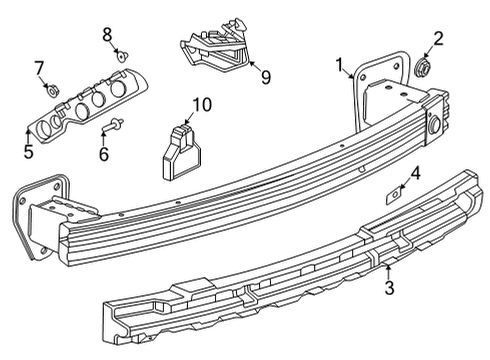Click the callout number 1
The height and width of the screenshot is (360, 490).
click(342, 67)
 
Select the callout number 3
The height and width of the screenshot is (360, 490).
click(390, 289)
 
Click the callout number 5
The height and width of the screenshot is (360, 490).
click(28, 153)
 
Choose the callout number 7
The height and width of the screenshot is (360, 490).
click(40, 68)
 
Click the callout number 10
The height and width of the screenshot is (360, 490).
click(203, 104)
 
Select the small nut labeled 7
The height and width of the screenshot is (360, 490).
click(54, 90)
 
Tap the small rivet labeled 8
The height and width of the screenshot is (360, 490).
click(119, 57)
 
